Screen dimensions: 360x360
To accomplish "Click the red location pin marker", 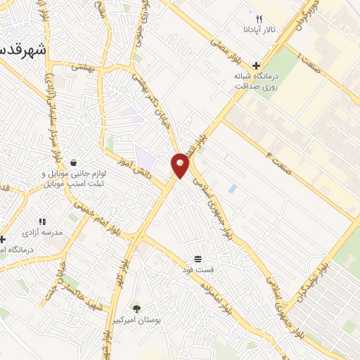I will tap(180, 165).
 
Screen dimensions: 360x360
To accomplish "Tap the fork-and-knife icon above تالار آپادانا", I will tap(259, 19).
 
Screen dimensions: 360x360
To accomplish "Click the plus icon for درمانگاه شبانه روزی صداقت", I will tap(257, 65).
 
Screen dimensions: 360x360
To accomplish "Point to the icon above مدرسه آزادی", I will tap(41, 221).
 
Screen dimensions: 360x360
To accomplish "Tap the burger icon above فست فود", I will tap(198, 258).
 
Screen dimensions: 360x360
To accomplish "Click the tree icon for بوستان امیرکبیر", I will tap(136, 308).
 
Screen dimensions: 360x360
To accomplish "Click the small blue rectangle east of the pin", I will tap(232, 188).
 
